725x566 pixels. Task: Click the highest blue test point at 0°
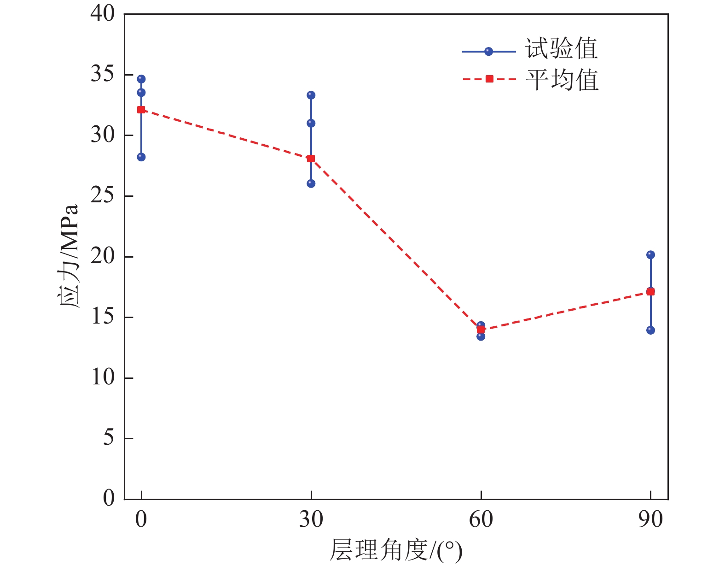[x=141, y=79]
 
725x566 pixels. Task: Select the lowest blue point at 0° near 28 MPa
[x=141, y=157]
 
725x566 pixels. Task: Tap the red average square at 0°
[x=141, y=110]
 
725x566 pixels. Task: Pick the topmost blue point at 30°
[x=311, y=95]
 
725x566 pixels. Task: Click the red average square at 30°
[x=311, y=159]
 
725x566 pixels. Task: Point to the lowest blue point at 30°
[x=311, y=183]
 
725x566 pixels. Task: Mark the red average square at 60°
[x=481, y=330]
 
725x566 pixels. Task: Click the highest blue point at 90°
[x=650, y=255]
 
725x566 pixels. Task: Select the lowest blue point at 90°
[x=650, y=330]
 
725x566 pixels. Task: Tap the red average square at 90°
[x=650, y=292]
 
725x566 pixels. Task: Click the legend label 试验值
[x=562, y=49]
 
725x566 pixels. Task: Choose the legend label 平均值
[x=562, y=80]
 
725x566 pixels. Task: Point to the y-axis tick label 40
[x=103, y=14]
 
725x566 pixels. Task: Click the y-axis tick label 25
[x=103, y=196]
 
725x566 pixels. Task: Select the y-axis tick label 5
[x=109, y=438]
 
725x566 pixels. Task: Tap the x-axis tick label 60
[x=481, y=520]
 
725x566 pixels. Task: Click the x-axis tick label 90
[x=650, y=520]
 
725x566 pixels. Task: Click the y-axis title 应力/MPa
[x=69, y=256]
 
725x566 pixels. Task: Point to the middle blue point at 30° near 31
[x=311, y=123]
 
